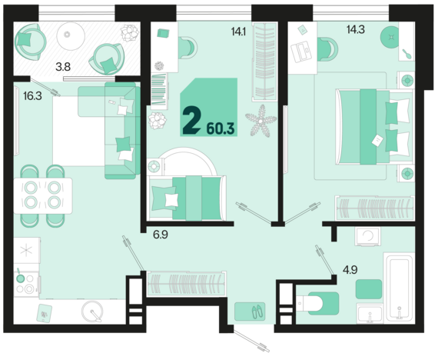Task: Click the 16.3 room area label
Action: [x=32, y=97]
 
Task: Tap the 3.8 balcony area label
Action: [x=63, y=67]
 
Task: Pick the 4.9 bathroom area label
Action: [x=350, y=269]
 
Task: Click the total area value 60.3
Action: [x=222, y=127]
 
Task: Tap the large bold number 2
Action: [x=192, y=121]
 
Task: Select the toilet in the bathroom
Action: [x=316, y=302]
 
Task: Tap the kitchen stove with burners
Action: [x=27, y=283]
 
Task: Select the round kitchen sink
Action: [x=93, y=312]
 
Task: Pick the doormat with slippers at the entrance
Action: [x=253, y=310]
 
